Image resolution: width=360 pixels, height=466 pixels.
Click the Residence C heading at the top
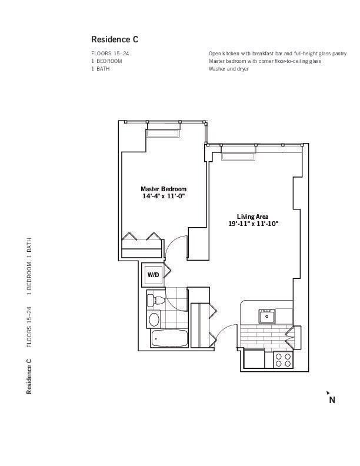tap(115, 39)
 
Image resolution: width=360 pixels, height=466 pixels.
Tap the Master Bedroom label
tap(164, 189)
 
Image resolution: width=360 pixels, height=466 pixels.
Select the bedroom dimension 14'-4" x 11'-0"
tap(164, 196)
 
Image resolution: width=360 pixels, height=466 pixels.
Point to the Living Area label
tap(252, 217)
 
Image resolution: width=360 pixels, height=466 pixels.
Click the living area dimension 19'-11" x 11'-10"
tap(253, 224)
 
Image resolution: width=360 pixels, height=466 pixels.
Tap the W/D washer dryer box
tap(153, 275)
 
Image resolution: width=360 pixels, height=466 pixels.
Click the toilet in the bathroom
tap(155, 300)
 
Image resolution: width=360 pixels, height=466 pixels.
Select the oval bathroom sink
tap(154, 319)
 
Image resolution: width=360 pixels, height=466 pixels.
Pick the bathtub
tap(169, 338)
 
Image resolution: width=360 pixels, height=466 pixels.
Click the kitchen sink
tap(266, 316)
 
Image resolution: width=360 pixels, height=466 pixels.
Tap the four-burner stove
tap(283, 360)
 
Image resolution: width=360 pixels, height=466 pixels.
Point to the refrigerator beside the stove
tap(254, 359)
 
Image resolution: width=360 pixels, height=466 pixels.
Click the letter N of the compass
tap(332, 400)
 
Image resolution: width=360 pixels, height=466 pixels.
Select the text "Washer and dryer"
tap(229, 69)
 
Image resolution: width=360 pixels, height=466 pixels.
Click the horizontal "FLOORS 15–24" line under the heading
tap(110, 54)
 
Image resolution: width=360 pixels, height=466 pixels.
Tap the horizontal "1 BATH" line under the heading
tap(101, 69)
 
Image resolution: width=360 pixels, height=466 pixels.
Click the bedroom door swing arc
tap(170, 243)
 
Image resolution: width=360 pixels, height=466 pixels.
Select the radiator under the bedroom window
tap(164, 134)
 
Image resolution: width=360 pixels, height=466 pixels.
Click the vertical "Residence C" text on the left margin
tap(29, 376)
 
